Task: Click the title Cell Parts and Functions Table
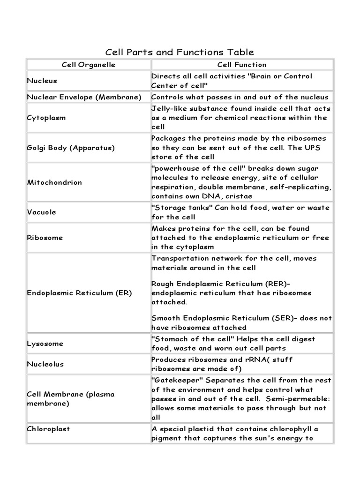pyautogui.click(x=179, y=52)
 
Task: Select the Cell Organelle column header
pyautogui.click(x=88, y=65)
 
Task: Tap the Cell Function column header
pyautogui.click(x=241, y=65)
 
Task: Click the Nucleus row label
pyautogui.click(x=42, y=81)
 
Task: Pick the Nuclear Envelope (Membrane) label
pyautogui.click(x=84, y=97)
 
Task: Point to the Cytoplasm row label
pyautogui.click(x=46, y=118)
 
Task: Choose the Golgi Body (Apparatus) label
pyautogui.click(x=71, y=147)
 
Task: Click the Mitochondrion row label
pyautogui.click(x=54, y=182)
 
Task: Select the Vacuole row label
pyautogui.click(x=42, y=212)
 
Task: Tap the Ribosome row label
pyautogui.click(x=45, y=238)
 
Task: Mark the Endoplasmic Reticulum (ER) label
pyautogui.click(x=80, y=293)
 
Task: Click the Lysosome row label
pyautogui.click(x=45, y=344)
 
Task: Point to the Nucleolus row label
pyautogui.click(x=45, y=364)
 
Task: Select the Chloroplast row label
pyautogui.click(x=48, y=428)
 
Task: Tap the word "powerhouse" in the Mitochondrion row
pyautogui.click(x=172, y=169)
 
